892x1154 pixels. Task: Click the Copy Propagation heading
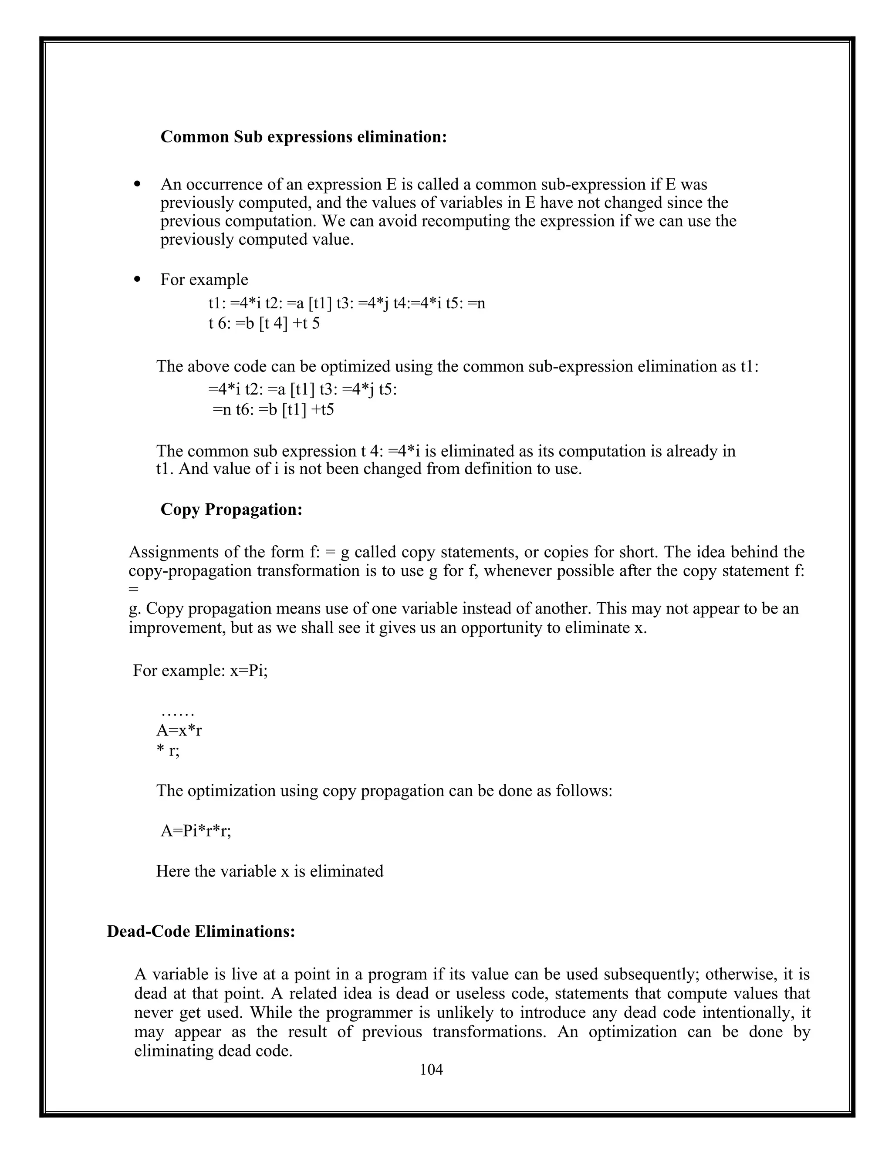point(231,510)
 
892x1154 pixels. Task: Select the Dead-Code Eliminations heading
point(201,931)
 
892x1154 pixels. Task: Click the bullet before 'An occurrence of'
point(137,184)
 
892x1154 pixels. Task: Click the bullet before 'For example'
point(137,280)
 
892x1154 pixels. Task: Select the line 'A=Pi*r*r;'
point(196,831)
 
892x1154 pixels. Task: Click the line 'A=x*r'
point(179,731)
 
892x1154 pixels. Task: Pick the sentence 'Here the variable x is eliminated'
point(270,871)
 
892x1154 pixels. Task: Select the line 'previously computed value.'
point(257,240)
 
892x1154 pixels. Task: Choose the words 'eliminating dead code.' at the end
point(213,1051)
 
